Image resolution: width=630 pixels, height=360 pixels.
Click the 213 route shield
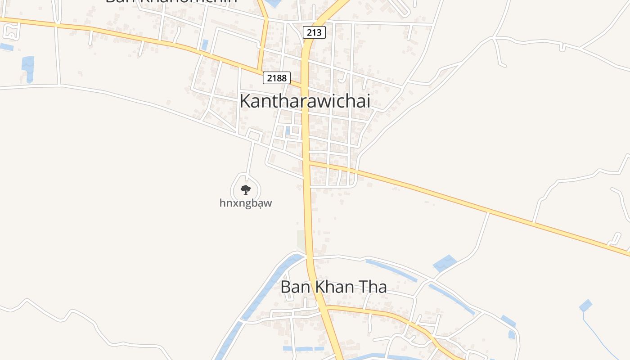[x=314, y=32]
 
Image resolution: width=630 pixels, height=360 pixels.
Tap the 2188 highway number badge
[x=276, y=78]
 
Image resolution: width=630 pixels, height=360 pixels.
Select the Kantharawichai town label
[x=305, y=101]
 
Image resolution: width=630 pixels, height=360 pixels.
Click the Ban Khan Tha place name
[x=333, y=287]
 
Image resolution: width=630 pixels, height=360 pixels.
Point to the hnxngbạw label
[x=246, y=203]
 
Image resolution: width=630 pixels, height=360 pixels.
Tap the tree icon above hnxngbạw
[x=245, y=189]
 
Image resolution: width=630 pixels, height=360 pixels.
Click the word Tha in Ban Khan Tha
[x=373, y=287]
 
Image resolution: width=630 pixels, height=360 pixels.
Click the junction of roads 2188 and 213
[x=305, y=85]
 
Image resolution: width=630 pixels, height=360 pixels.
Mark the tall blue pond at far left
[x=28, y=69]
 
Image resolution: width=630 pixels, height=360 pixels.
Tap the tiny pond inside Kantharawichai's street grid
[x=288, y=131]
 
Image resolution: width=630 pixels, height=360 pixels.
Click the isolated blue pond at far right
[x=585, y=306]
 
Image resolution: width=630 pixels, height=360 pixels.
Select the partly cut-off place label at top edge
[x=171, y=1]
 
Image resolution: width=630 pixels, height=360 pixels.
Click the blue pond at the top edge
[x=272, y=3]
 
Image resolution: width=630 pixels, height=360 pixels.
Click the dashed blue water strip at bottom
[x=303, y=349]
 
